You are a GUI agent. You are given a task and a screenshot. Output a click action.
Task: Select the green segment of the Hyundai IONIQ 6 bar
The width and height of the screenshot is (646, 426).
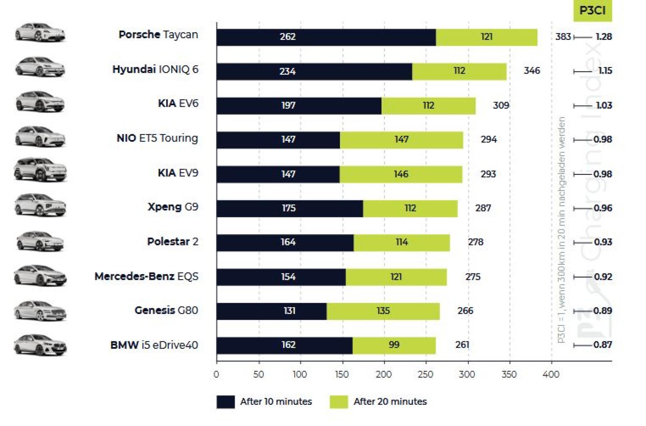point(459,71)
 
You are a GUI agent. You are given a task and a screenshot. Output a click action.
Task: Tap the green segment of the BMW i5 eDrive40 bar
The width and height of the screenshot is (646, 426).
point(394,345)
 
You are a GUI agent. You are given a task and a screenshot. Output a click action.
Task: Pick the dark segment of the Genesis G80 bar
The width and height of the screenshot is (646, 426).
point(271,311)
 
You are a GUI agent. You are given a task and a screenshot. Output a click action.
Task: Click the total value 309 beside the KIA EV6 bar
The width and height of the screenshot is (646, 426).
point(501,105)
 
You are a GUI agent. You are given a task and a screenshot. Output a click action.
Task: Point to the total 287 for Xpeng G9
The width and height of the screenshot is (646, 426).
point(483,208)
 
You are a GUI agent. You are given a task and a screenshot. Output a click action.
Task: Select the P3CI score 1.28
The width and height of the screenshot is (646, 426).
point(604,37)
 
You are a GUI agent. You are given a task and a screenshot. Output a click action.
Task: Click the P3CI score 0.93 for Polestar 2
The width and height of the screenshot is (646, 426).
point(603,242)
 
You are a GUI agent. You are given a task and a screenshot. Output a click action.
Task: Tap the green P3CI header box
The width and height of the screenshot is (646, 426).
point(592,10)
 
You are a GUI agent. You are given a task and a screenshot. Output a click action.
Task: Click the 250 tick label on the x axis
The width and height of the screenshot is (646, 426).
point(426,375)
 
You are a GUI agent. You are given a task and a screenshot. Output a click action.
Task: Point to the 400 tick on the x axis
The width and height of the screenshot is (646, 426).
point(551,375)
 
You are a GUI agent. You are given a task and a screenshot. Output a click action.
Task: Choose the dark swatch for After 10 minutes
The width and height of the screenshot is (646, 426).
point(225,402)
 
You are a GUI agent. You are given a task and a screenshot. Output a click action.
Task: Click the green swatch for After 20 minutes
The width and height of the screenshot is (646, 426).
point(339,402)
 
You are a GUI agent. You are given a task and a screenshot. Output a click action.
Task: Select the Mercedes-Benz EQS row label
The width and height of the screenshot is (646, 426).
point(146,277)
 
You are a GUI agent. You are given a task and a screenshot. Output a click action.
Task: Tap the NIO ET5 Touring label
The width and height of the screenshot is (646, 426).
point(157,138)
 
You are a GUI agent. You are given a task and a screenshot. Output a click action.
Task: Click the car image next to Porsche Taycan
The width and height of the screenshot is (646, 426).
point(40,33)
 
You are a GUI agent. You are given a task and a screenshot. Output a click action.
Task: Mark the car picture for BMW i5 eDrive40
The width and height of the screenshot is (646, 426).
point(40,344)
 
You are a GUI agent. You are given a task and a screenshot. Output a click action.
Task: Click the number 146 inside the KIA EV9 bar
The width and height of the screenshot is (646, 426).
point(401,174)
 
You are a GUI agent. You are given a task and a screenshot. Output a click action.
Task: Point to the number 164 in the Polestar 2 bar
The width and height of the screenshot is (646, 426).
point(288,242)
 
